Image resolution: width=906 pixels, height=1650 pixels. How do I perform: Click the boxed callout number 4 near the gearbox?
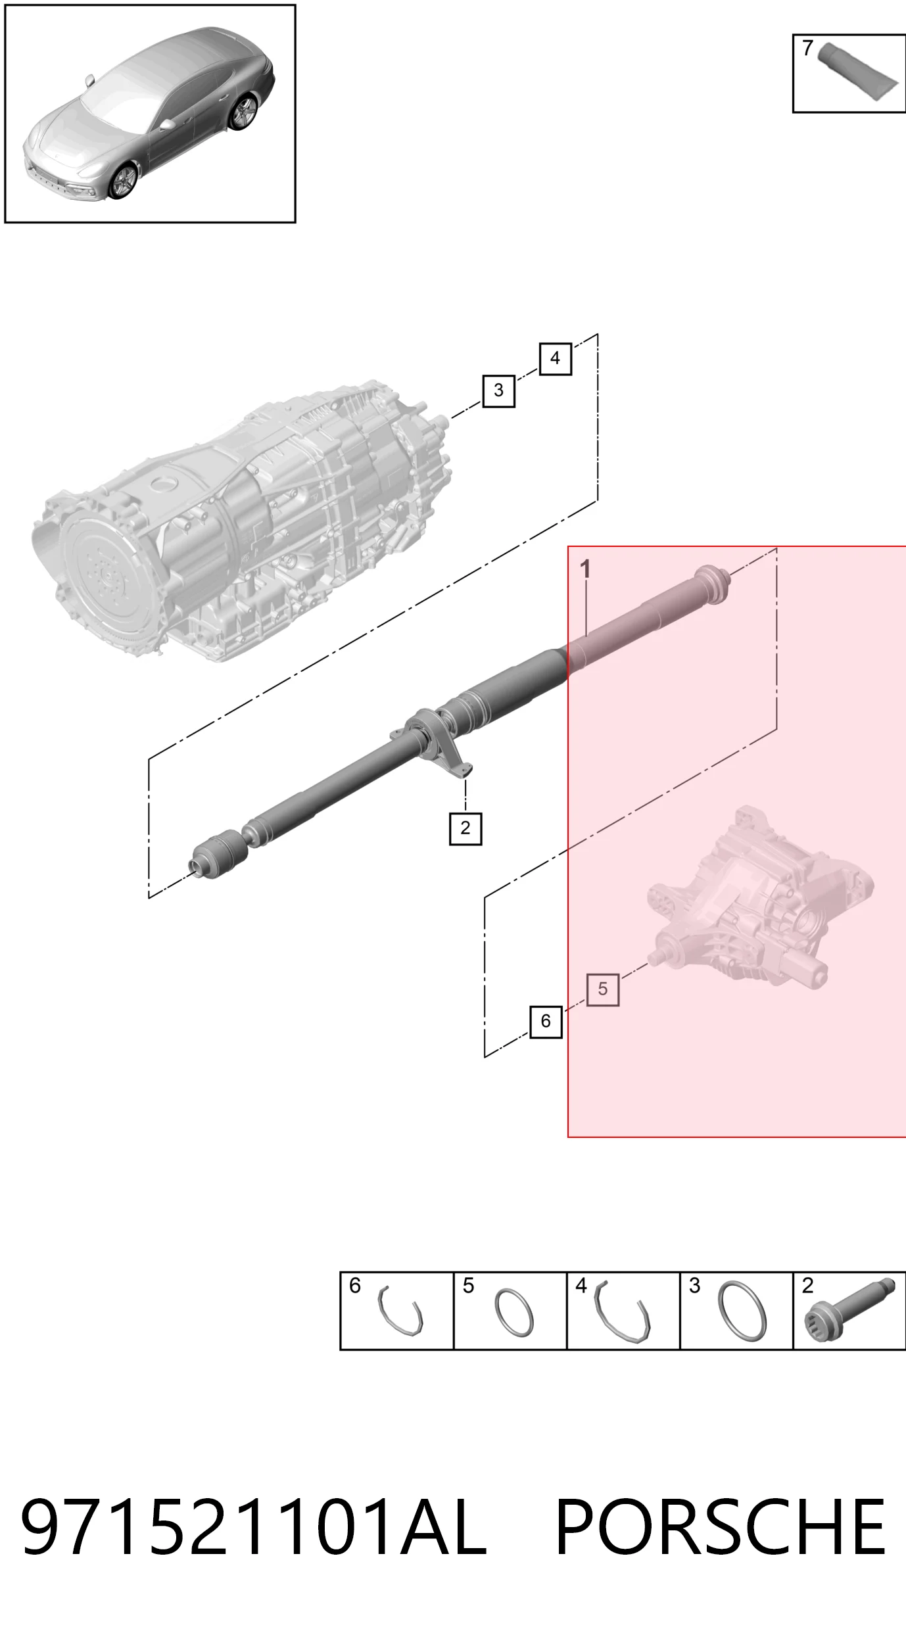click(555, 359)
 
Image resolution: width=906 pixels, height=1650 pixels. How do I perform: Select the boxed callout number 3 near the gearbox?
click(498, 390)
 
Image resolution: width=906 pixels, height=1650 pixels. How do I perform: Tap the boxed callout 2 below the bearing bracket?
click(465, 828)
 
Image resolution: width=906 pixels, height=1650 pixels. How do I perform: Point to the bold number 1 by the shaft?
click(585, 569)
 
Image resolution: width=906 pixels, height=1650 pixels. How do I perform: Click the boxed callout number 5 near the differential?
click(603, 989)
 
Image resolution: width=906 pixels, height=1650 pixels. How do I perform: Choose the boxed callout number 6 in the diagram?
click(546, 1022)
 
